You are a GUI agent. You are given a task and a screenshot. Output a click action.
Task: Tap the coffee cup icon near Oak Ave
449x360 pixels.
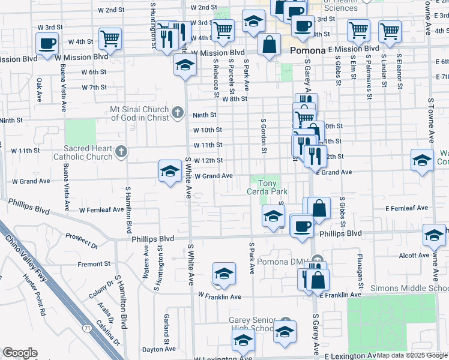point(47,43)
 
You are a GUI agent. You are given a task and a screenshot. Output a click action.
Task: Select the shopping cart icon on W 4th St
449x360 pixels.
point(110,39)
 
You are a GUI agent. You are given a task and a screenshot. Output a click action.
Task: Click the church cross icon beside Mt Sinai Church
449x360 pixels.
point(177,112)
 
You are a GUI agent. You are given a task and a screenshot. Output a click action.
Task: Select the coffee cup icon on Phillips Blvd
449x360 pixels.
point(301,226)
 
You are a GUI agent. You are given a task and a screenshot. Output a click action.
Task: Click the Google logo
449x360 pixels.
point(20,353)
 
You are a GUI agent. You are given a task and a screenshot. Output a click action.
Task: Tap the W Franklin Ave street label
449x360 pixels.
point(219,297)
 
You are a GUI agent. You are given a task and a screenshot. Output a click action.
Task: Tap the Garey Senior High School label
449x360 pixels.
point(252,324)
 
